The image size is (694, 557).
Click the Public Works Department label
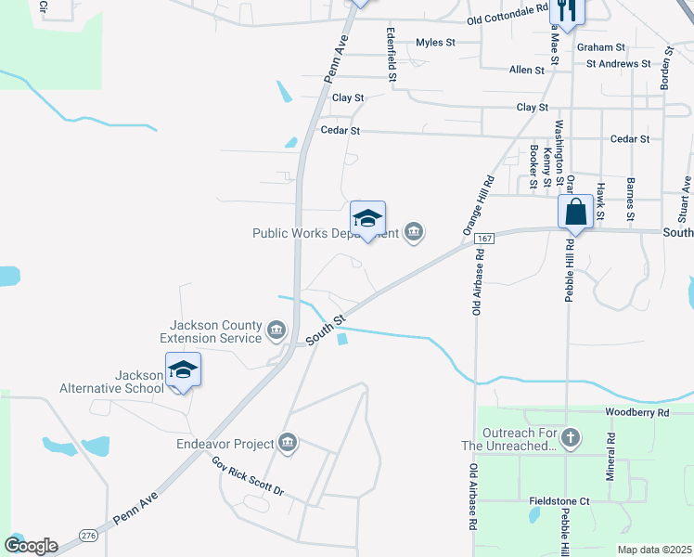(325, 233)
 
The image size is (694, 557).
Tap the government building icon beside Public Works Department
(414, 232)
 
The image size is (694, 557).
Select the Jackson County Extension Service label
(215, 331)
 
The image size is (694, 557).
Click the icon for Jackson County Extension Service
(276, 330)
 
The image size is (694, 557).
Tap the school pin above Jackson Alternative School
(183, 371)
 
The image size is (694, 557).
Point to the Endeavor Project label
(225, 444)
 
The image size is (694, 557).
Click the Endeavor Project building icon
(287, 443)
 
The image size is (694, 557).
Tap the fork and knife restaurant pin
(566, 11)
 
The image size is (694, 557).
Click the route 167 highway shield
(482, 239)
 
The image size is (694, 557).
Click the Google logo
(31, 545)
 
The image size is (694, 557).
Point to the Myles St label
(435, 42)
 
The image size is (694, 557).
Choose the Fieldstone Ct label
(559, 500)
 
